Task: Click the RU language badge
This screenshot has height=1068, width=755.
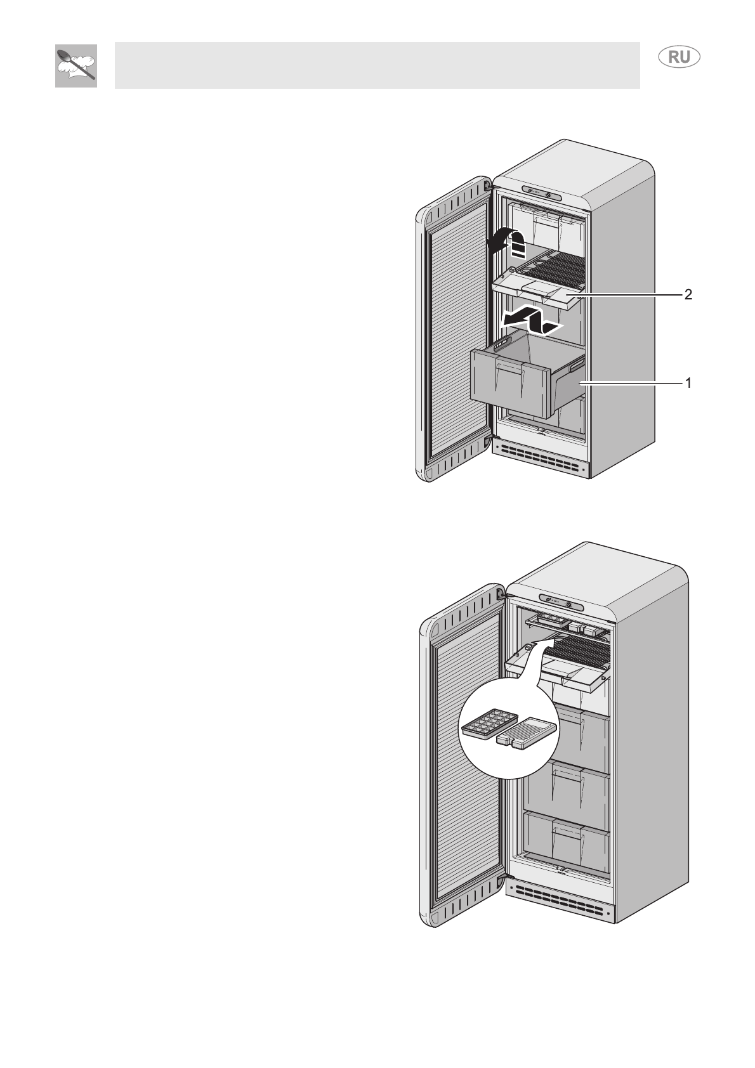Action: [x=678, y=57]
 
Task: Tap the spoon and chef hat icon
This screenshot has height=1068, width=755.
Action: [x=76, y=66]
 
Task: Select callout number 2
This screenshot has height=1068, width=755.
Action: [x=688, y=294]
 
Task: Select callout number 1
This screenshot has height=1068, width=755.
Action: [x=688, y=383]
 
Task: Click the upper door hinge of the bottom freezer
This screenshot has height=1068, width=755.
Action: [x=502, y=594]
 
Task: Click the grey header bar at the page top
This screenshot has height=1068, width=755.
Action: [x=377, y=65]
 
